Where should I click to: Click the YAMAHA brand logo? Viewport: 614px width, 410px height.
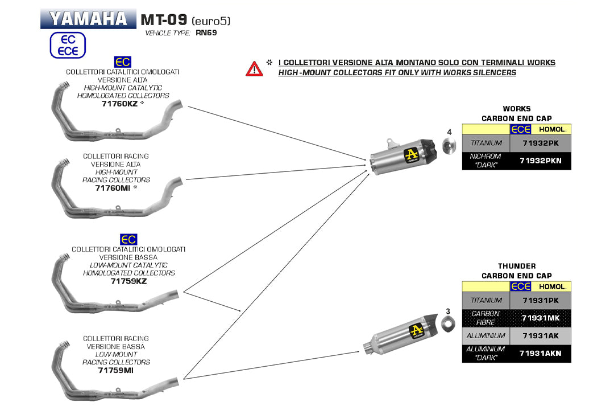[x=88, y=19]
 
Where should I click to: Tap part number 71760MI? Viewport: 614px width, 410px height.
[x=113, y=187]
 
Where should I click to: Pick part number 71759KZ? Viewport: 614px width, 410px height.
[x=128, y=281]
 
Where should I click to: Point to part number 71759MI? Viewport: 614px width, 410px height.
[x=115, y=370]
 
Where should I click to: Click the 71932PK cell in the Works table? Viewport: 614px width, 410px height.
[x=540, y=143]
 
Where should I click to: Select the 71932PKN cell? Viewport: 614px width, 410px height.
[x=540, y=161]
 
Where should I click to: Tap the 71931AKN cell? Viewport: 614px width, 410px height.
[x=540, y=353]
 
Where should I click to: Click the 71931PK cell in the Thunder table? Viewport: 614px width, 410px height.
[x=540, y=300]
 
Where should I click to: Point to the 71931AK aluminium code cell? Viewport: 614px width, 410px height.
[x=540, y=335]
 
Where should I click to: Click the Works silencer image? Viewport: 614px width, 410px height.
[x=404, y=155]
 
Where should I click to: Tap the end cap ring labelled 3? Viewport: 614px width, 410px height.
[x=448, y=325]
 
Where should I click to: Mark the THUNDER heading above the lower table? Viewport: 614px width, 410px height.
[x=516, y=266]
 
